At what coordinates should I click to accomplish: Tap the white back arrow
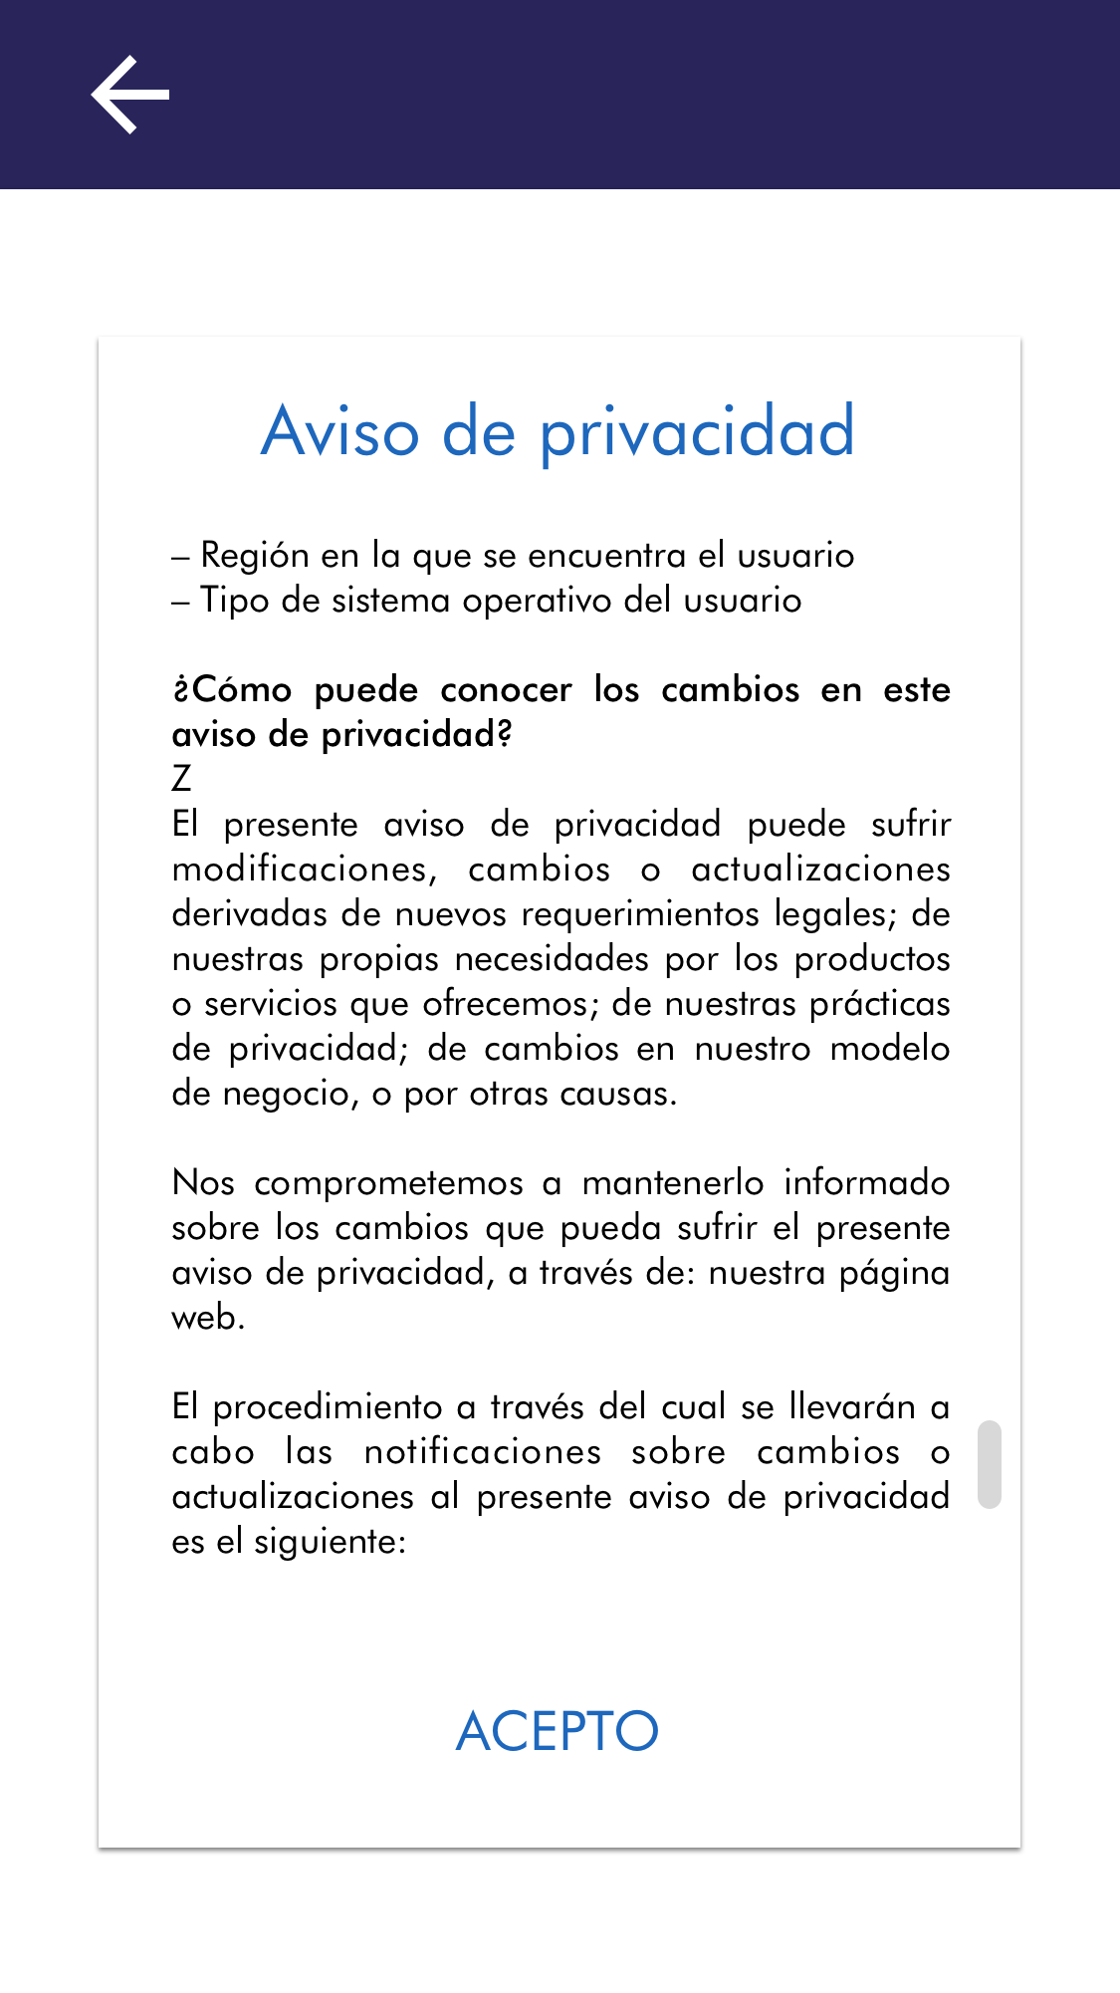(130, 95)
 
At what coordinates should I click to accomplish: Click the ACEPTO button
(558, 1731)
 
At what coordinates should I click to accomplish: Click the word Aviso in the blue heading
(340, 432)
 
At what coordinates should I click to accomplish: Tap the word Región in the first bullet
(255, 556)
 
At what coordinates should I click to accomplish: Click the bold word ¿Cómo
(232, 689)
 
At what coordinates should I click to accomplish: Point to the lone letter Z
(181, 779)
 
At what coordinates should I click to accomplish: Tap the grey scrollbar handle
(989, 1464)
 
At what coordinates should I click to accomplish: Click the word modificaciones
(304, 870)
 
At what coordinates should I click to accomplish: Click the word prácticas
(879, 1004)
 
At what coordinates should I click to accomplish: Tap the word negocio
(290, 1094)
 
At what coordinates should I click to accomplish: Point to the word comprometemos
(388, 1183)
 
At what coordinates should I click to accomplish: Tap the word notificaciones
(483, 1452)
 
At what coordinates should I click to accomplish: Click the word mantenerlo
(673, 1183)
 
